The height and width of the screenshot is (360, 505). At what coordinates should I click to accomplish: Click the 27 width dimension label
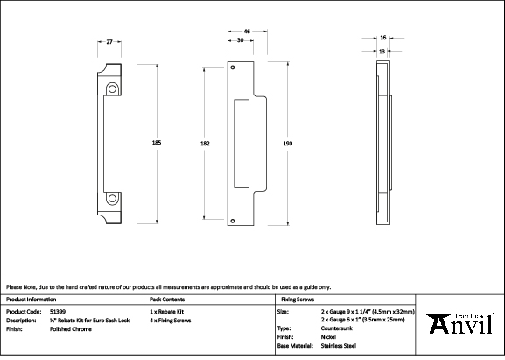tap(109, 42)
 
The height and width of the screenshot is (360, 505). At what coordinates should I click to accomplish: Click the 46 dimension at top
tap(248, 32)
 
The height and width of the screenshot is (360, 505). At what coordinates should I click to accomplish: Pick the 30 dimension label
tap(240, 41)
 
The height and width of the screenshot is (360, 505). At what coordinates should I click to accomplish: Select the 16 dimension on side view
tap(384, 39)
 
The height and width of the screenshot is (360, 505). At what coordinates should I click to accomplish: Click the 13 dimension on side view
tap(382, 51)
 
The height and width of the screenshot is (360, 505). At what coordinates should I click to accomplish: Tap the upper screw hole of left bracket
tap(111, 88)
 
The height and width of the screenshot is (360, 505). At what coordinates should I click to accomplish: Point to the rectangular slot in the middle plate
tap(242, 145)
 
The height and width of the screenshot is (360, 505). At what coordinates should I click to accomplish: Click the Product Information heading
tap(31, 299)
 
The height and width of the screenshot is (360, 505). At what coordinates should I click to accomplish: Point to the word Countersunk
tap(338, 328)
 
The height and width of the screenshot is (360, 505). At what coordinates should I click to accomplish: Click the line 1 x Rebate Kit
tap(168, 311)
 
